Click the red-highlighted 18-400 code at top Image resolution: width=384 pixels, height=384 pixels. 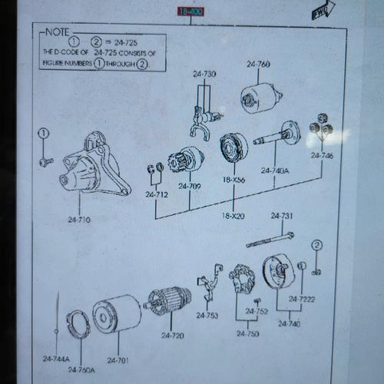pyautogui.click(x=190, y=12)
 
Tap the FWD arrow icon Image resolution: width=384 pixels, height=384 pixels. pyautogui.click(x=320, y=12)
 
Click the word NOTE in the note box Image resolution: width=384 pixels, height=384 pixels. pyautogui.click(x=57, y=32)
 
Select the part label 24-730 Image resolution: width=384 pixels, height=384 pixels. pyautogui.click(x=204, y=74)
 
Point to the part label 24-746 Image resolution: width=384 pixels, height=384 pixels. pyautogui.click(x=323, y=155)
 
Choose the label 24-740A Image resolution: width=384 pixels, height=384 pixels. pyautogui.click(x=275, y=170)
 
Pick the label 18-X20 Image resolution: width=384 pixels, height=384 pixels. pyautogui.click(x=233, y=216)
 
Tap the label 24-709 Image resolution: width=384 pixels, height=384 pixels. pyautogui.click(x=190, y=186)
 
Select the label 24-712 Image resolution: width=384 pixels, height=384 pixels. pyautogui.click(x=157, y=194)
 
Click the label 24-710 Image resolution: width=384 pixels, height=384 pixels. pyautogui.click(x=79, y=220)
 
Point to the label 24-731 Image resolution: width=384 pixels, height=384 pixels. pyautogui.click(x=282, y=216)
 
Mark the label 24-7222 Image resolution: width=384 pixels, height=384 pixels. pyautogui.click(x=301, y=299)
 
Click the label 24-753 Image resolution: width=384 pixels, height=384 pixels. pyautogui.click(x=207, y=315)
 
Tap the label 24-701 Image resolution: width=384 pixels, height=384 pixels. pyautogui.click(x=118, y=359)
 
